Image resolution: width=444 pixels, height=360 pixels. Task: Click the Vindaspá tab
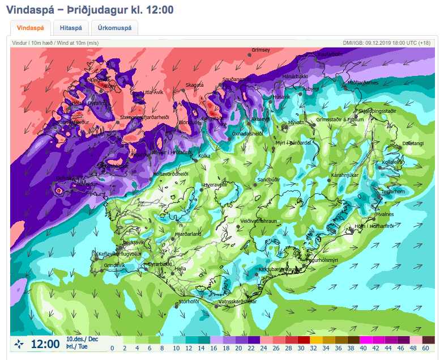click(x=31, y=28)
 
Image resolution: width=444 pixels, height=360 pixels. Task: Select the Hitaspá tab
click(x=71, y=28)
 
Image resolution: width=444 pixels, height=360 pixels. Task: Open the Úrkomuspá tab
click(x=114, y=28)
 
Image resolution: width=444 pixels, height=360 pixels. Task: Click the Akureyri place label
click(x=261, y=120)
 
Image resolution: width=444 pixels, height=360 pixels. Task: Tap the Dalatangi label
click(x=412, y=144)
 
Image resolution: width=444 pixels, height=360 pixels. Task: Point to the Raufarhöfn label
click(x=330, y=54)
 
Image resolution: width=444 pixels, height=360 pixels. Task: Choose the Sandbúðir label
click(x=268, y=180)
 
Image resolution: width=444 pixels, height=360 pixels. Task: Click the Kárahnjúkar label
click(x=345, y=175)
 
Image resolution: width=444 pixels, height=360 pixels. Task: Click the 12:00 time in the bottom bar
click(x=45, y=344)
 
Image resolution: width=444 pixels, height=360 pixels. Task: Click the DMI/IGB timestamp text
click(x=386, y=43)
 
